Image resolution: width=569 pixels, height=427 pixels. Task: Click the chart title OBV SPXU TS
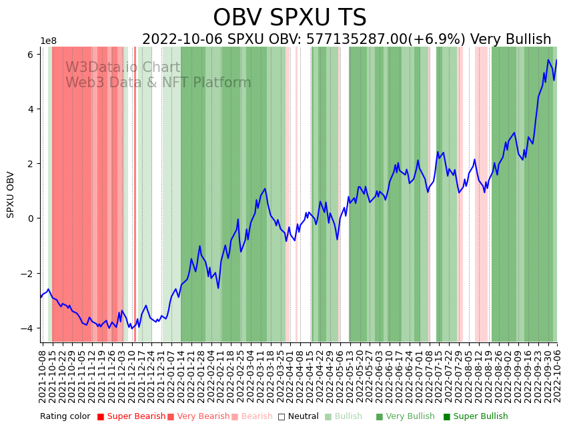pyautogui.click(x=290, y=18)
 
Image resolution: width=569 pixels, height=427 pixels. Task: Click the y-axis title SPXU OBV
pyautogui.click(x=11, y=195)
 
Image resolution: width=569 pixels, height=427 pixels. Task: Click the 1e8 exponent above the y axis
pyautogui.click(x=48, y=41)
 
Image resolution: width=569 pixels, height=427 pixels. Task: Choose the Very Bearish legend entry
pyautogui.click(x=199, y=416)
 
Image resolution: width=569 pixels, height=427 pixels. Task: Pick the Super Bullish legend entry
pyautogui.click(x=480, y=416)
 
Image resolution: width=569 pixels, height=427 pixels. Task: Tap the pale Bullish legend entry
pyautogui.click(x=348, y=416)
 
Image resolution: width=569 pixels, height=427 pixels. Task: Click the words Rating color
pyautogui.click(x=65, y=416)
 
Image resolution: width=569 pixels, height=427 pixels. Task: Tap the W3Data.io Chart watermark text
pyautogui.click(x=123, y=67)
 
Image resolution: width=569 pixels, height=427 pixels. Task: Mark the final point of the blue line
pyautogui.click(x=557, y=61)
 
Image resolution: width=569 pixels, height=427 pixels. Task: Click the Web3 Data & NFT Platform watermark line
pyautogui.click(x=158, y=83)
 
